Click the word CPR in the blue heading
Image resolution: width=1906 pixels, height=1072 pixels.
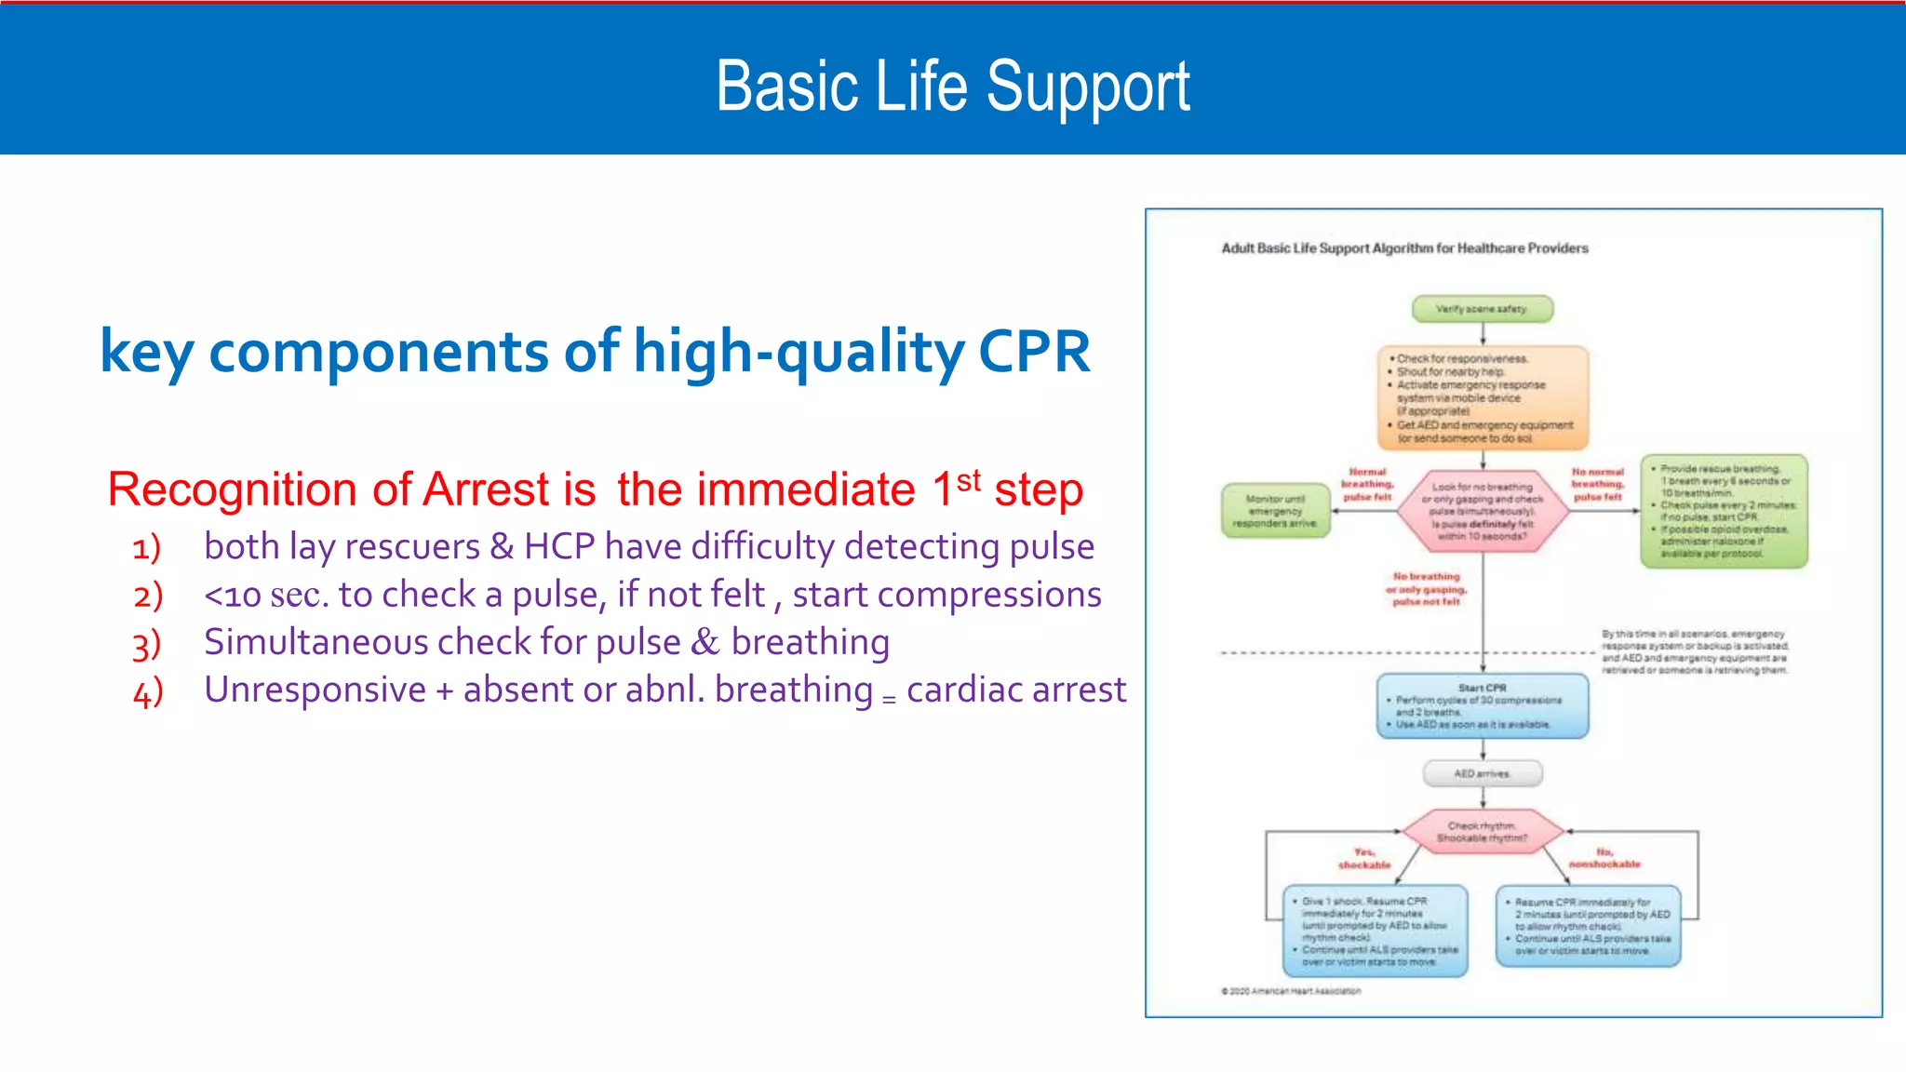pos(1034,353)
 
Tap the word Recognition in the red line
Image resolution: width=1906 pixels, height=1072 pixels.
pos(232,489)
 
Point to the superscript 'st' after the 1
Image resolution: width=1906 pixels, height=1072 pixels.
pos(969,480)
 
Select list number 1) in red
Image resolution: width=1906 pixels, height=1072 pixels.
pos(146,548)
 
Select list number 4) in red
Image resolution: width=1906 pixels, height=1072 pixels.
pos(148,692)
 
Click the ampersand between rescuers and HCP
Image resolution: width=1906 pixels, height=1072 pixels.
pos(502,546)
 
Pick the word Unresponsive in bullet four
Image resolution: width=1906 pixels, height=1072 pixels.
pos(315,690)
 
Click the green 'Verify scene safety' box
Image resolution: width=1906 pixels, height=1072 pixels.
pos(1482,309)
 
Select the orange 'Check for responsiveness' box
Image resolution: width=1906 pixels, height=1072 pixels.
pos(1483,398)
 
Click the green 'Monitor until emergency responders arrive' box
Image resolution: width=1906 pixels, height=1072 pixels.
pos(1275,511)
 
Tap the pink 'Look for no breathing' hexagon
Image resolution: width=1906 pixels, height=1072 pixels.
pos(1483,512)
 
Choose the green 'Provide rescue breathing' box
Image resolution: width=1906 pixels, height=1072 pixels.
pos(1724,511)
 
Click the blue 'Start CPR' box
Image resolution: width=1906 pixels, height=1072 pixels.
pos(1483,706)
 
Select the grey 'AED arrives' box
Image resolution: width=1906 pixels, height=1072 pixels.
pos(1483,773)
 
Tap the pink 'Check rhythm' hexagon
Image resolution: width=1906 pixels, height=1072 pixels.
pos(1483,832)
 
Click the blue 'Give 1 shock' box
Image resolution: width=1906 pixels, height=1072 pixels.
pos(1375,931)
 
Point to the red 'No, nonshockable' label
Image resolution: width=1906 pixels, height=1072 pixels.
pos(1604,858)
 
